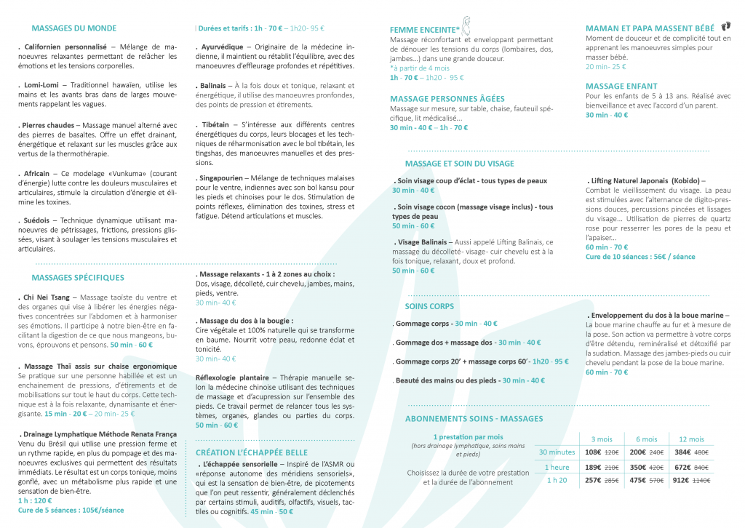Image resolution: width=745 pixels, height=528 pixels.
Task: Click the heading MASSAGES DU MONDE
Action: point(73,29)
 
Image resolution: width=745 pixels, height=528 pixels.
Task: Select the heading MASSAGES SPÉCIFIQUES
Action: point(78,277)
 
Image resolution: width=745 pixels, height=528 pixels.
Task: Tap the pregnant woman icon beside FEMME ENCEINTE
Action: point(464,25)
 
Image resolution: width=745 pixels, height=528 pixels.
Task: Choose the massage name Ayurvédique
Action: point(221,47)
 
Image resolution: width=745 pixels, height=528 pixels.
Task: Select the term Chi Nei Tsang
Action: point(47,297)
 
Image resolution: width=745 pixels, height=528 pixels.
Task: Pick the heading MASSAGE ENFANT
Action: point(621,86)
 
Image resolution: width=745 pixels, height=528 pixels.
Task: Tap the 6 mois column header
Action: point(646,439)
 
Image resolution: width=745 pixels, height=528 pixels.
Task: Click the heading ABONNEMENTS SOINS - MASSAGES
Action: point(474,419)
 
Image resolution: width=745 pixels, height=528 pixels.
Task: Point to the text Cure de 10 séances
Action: point(614,257)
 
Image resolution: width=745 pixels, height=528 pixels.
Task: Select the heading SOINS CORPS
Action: point(429,306)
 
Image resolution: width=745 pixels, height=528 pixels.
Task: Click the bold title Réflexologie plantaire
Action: point(231,377)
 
